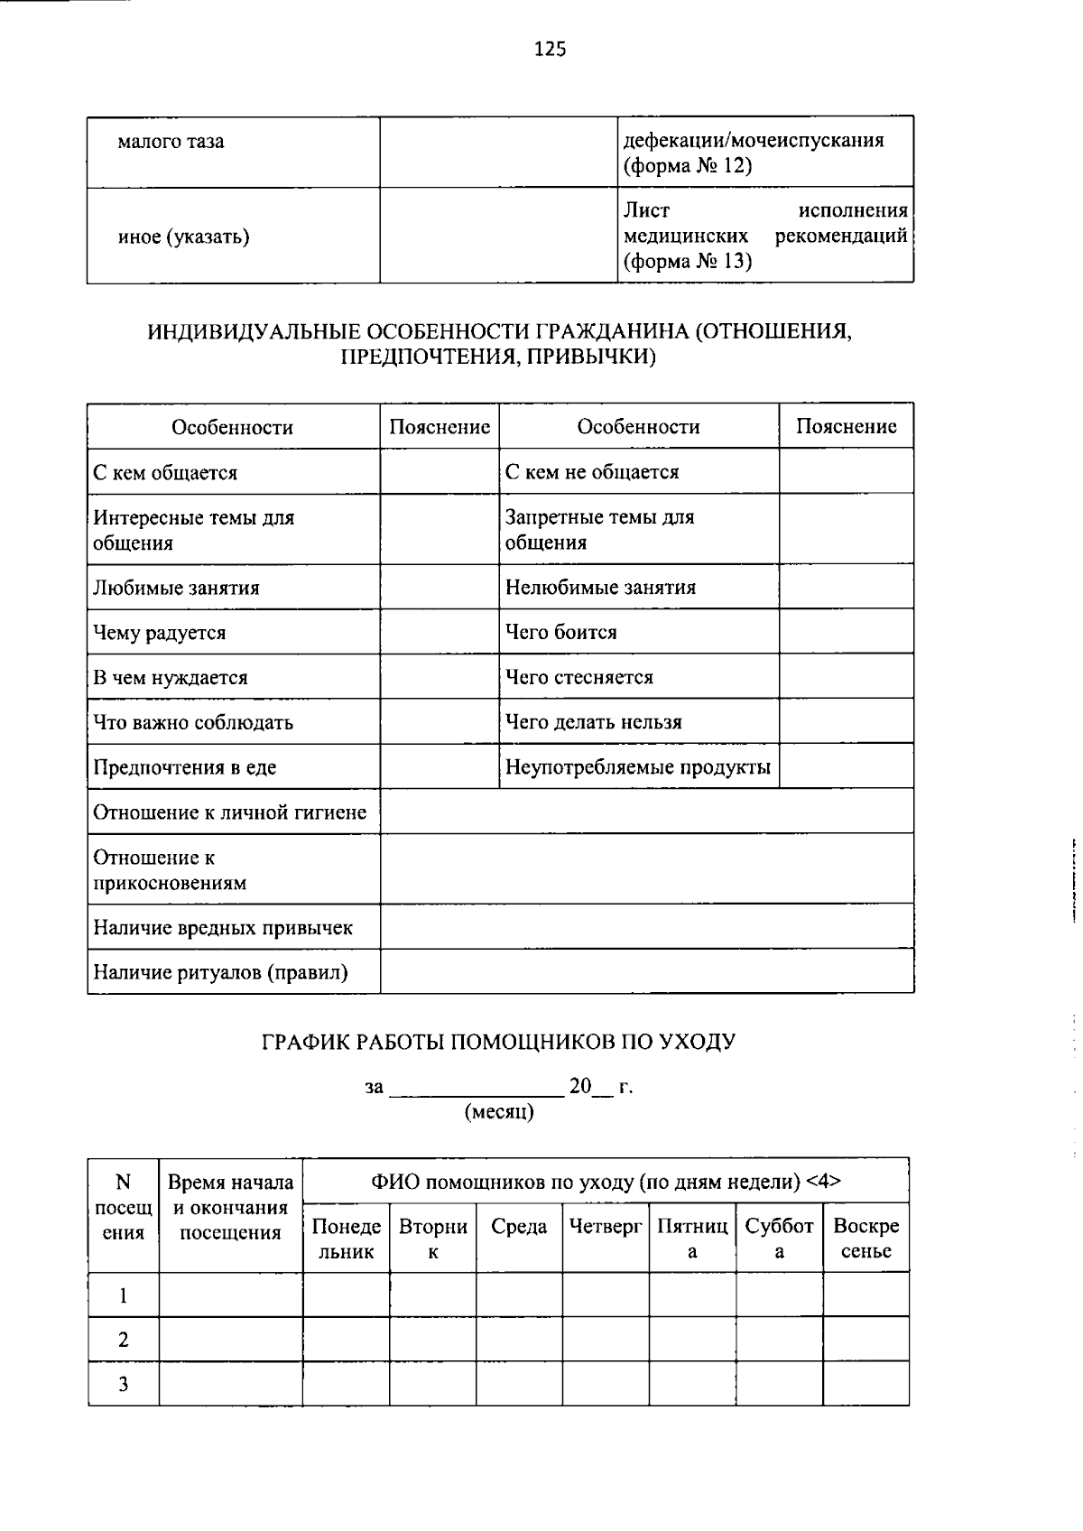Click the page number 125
point(550,50)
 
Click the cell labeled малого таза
point(171,142)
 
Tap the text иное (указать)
point(183,237)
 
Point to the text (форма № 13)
point(687,262)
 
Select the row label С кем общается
point(165,473)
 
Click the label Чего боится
point(560,632)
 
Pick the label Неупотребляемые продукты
point(637,767)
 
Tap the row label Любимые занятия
point(176,588)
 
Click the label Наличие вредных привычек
point(223,928)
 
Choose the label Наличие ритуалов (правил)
point(220,973)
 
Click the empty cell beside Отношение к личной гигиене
point(646,812)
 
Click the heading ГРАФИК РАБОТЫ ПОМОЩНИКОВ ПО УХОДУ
point(498,1042)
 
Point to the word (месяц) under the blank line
point(499,1112)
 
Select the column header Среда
point(519,1227)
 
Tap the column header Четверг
point(606,1227)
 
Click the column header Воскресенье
point(865,1239)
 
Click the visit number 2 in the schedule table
point(124,1340)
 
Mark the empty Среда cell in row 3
point(519,1384)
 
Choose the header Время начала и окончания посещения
point(230,1208)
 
